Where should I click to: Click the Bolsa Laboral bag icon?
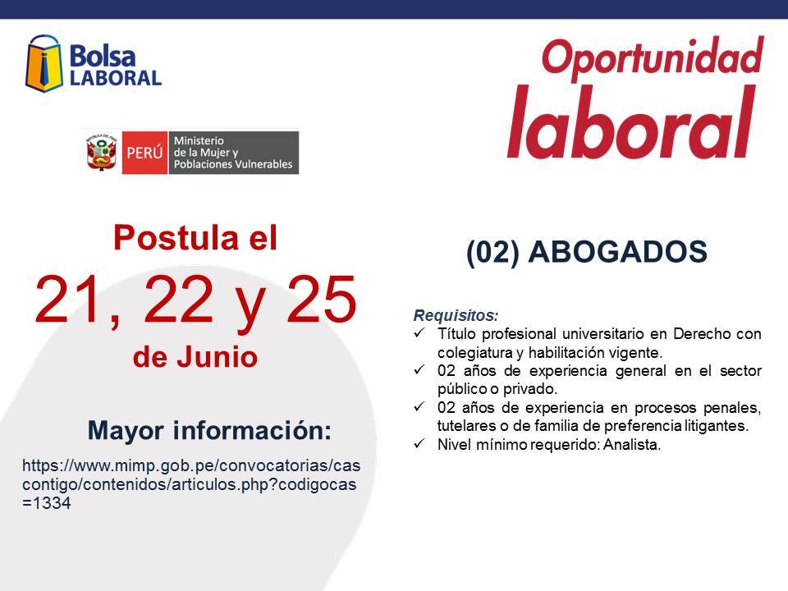coord(44,64)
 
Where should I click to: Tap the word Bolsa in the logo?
coord(103,56)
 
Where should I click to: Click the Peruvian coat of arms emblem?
coord(102,153)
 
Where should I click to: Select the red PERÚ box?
coord(144,153)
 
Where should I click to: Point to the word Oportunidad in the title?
coord(653,57)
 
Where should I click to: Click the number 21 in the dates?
coord(69,299)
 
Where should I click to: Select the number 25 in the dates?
coord(321,299)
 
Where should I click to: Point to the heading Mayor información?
coord(209,431)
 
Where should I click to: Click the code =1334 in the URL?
coord(46,502)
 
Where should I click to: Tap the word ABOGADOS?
coord(617,251)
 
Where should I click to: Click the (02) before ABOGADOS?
coord(493,252)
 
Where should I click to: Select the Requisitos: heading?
coord(456,315)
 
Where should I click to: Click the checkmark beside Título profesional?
coord(419,332)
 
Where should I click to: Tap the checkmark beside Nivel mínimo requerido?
coord(419,443)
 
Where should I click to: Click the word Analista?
coord(632,444)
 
